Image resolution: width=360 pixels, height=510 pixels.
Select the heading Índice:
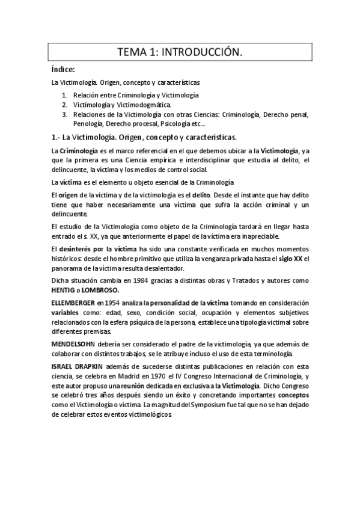pos(63,70)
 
